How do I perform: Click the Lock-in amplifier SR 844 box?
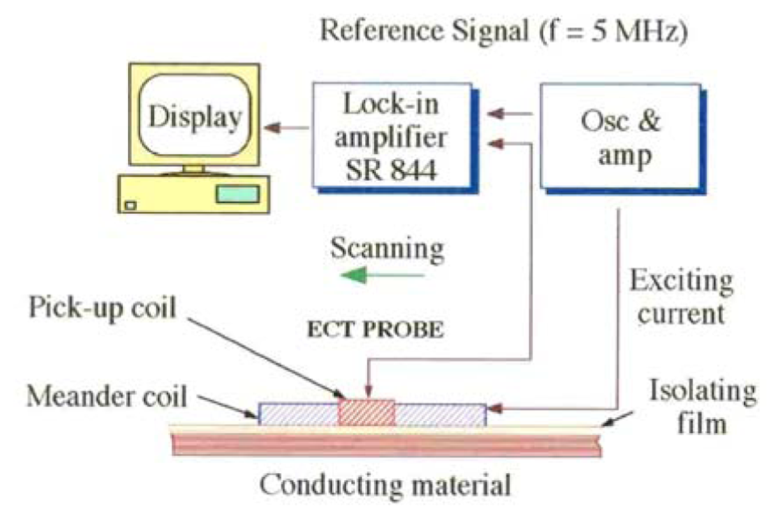tap(392, 136)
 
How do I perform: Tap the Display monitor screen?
tap(194, 116)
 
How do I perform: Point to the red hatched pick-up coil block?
tap(366, 413)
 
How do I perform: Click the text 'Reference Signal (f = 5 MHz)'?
tap(504, 30)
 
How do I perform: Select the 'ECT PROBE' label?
tap(375, 329)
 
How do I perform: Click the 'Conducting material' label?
tap(385, 485)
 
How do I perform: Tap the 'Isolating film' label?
tap(702, 407)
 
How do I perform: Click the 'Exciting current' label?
tap(681, 297)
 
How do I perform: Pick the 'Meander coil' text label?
tap(107, 396)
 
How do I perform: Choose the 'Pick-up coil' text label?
tap(102, 307)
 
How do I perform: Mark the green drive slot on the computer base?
tap(238, 194)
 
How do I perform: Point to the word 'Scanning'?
tap(387, 248)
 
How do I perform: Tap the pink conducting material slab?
tap(386, 444)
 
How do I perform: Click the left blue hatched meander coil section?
tap(298, 414)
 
